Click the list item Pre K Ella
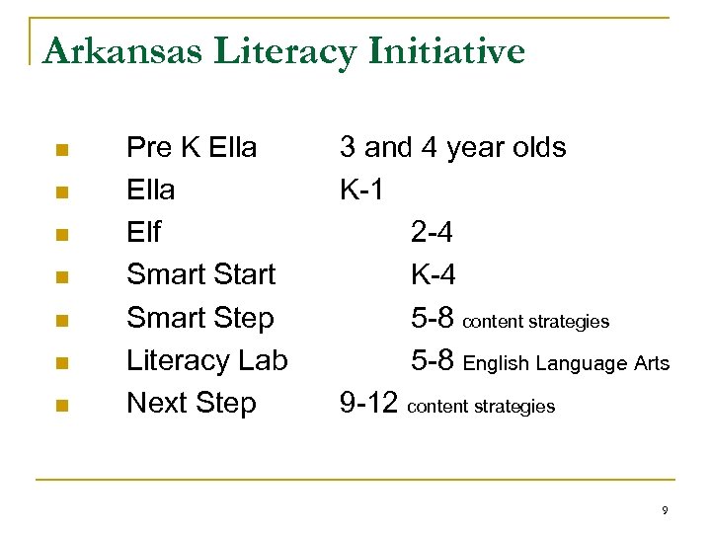click(192, 148)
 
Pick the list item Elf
click(143, 232)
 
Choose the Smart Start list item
click(200, 274)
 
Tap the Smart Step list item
click(199, 318)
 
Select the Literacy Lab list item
click(206, 360)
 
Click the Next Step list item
click(191, 403)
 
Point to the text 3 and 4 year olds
click(452, 148)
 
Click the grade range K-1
click(361, 190)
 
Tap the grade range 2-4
click(433, 232)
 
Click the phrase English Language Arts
click(566, 363)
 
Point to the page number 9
click(665, 510)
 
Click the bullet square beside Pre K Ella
click(61, 150)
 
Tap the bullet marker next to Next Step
click(61, 405)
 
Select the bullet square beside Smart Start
click(61, 277)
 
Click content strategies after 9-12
click(481, 406)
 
